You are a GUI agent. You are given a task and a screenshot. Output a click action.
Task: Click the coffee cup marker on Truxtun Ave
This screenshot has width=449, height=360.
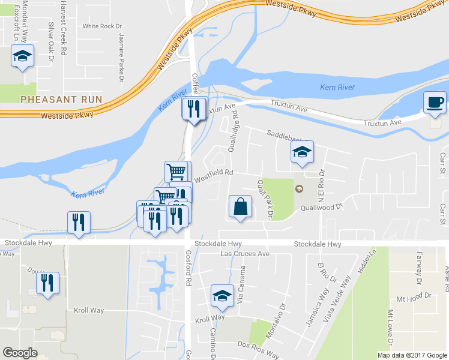pos(435,103)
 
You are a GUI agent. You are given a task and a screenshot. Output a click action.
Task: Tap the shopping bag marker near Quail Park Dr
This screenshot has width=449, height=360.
pos(240,207)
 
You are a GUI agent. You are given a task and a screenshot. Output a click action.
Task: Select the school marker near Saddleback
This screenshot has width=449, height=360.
pos(302,152)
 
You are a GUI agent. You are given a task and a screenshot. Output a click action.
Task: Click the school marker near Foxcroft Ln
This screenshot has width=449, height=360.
pos(23,56)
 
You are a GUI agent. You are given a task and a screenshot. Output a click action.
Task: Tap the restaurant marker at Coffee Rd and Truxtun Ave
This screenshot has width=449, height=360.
pos(193,109)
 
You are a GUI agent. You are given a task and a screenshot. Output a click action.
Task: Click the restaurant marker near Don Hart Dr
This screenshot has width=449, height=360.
pos(48,282)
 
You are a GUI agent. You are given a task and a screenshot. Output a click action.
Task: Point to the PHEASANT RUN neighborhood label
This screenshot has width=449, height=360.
pos(61,99)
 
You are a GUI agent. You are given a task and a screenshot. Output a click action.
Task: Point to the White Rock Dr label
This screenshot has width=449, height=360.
pos(102,26)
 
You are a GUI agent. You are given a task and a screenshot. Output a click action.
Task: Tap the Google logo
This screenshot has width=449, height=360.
pos(20,353)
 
